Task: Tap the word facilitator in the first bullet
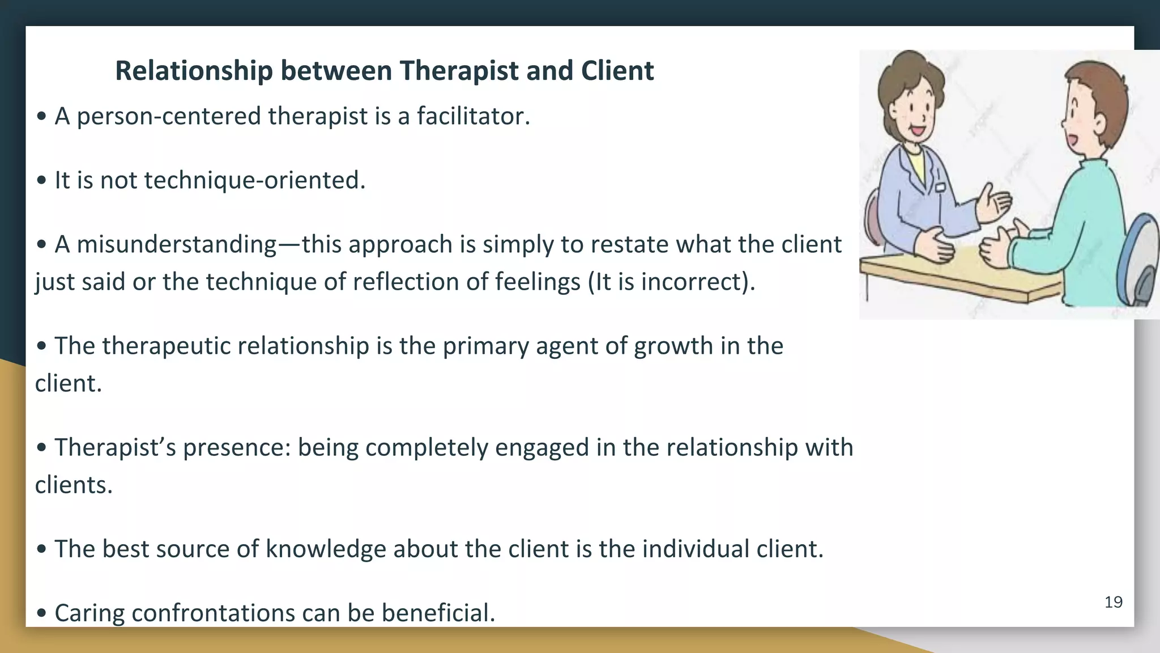pyautogui.click(x=473, y=116)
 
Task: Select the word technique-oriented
pyautogui.click(x=255, y=181)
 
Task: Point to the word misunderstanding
pyautogui.click(x=176, y=245)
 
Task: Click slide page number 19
pyautogui.click(x=1113, y=602)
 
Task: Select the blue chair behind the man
pyautogui.click(x=1138, y=261)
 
